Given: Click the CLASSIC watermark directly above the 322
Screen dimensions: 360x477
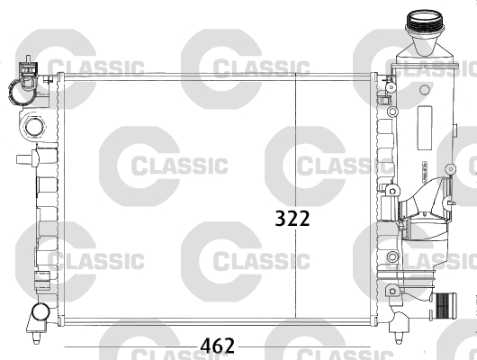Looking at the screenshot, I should tap(331, 166).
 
